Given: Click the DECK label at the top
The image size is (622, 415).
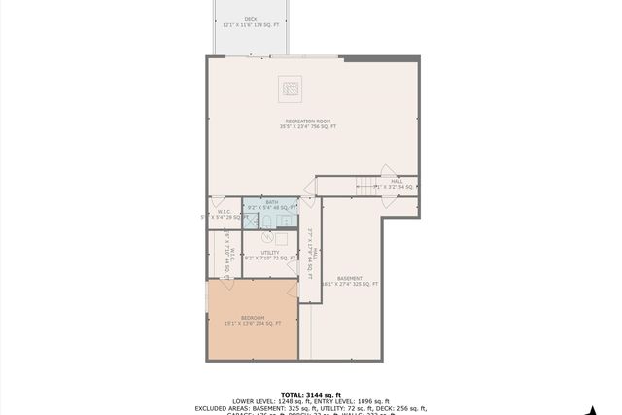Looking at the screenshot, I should coord(251,18).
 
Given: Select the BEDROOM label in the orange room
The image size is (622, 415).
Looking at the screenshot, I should coord(252,317).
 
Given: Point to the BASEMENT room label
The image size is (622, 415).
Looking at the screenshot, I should coord(349,278).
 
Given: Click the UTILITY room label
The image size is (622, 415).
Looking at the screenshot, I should coord(269,253).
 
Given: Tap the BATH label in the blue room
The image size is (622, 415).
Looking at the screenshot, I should coord(271,202).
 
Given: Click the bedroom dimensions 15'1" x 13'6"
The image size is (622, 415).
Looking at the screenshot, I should coord(252,323).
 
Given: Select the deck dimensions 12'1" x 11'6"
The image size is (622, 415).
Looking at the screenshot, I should coord(251,24).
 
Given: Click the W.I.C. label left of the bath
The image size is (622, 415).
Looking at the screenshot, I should coord(224,211).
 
